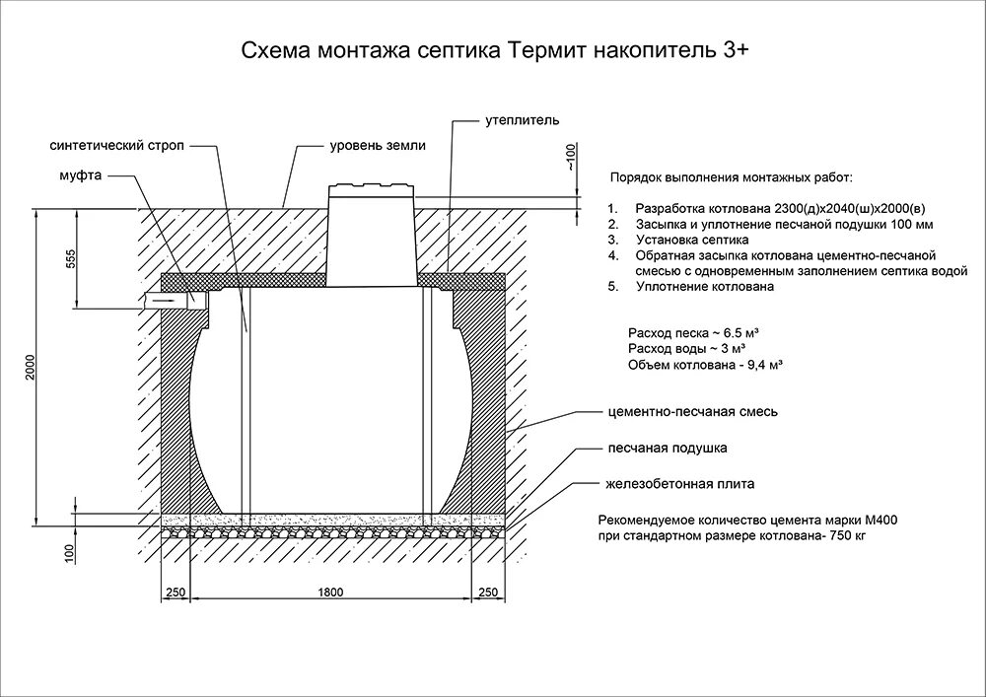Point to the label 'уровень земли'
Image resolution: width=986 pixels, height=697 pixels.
coord(378,145)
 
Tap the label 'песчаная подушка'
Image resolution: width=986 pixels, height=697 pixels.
coord(667,449)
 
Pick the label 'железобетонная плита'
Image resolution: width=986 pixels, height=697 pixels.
coord(680,485)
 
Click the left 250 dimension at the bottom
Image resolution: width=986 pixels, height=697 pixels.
coord(176,592)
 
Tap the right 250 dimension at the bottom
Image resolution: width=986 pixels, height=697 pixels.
coord(487,592)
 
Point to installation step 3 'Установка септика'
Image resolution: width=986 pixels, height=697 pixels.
coord(692,240)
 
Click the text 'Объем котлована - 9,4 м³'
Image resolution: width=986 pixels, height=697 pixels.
coord(704,366)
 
